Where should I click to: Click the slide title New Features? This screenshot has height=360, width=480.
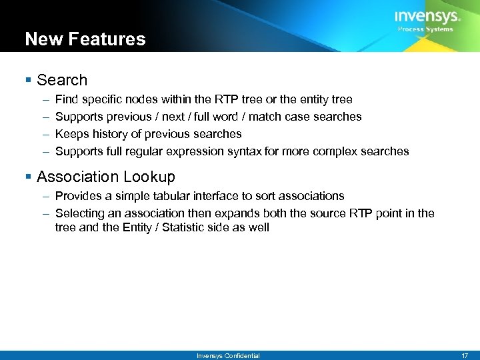tap(85, 39)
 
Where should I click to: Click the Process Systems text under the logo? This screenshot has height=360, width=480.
tap(425, 29)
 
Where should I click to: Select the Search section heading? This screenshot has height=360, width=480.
tap(62, 80)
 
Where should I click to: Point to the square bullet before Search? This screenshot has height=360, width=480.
tap(28, 81)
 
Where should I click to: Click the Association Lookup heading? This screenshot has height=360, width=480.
tap(106, 177)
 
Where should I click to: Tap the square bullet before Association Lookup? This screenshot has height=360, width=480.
tap(28, 177)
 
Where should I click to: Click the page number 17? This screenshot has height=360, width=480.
tap(465, 355)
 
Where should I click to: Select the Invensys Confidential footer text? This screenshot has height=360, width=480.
tap(228, 355)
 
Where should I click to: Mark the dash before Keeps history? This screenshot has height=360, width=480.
tap(45, 134)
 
